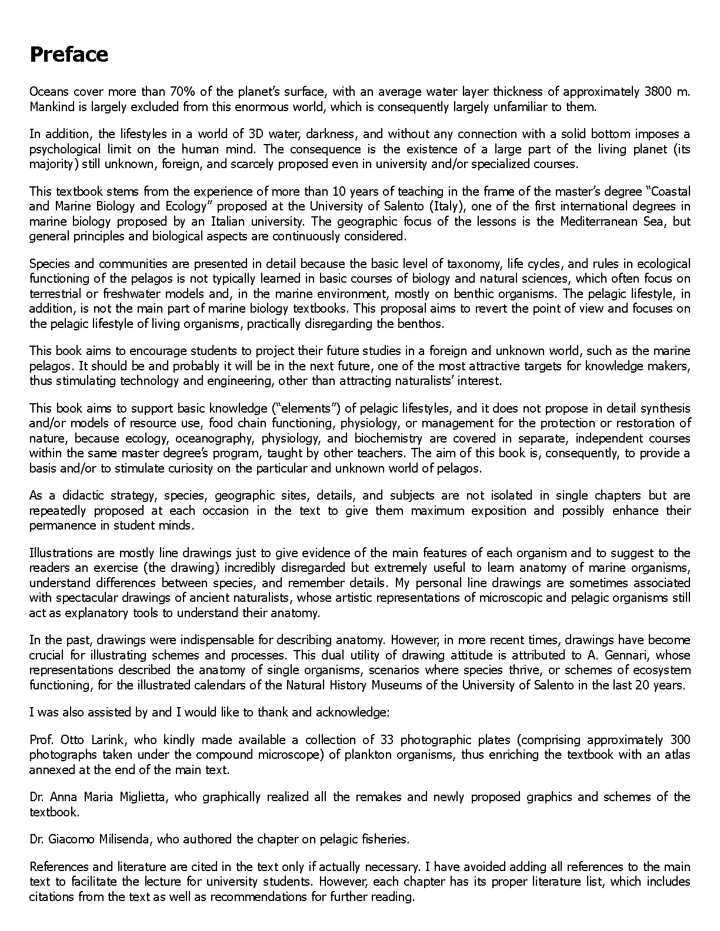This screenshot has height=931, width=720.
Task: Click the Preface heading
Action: tap(69, 55)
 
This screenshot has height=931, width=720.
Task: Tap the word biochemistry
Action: tap(388, 438)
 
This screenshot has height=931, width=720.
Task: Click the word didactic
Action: tap(77, 495)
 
